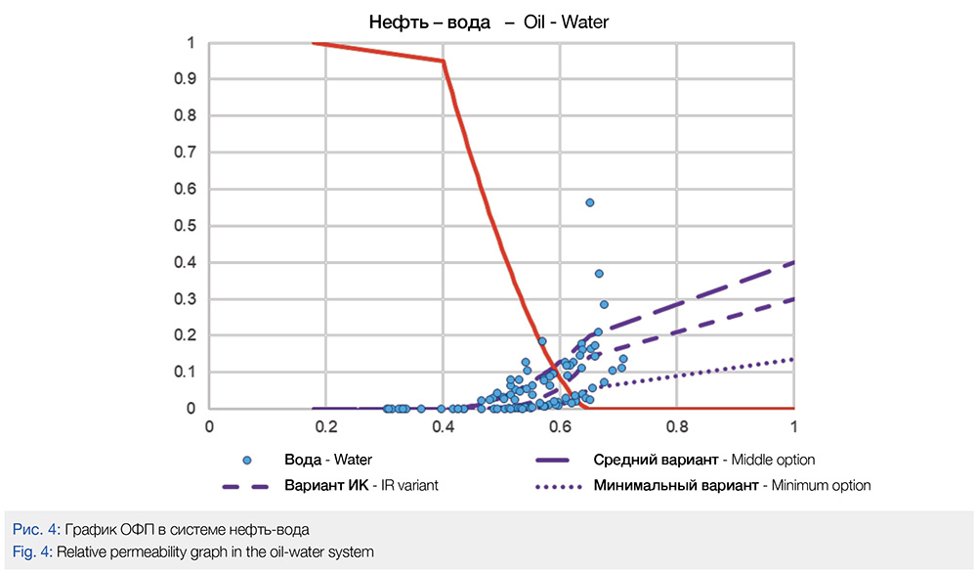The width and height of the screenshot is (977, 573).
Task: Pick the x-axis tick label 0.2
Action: pos(325,426)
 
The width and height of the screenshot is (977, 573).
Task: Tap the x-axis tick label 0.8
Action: pos(677,426)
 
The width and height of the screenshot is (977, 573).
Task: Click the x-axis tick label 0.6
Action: pos(560,426)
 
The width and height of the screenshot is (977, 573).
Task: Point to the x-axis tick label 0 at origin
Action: pos(208,426)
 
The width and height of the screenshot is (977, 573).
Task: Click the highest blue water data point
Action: pos(590,202)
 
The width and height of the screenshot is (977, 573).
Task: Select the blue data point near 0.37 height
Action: pos(599,274)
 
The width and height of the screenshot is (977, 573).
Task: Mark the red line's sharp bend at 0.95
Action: pos(444,61)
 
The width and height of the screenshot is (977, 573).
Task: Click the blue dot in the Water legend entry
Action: pos(247,460)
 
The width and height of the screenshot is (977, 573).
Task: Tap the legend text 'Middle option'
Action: pos(769,460)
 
